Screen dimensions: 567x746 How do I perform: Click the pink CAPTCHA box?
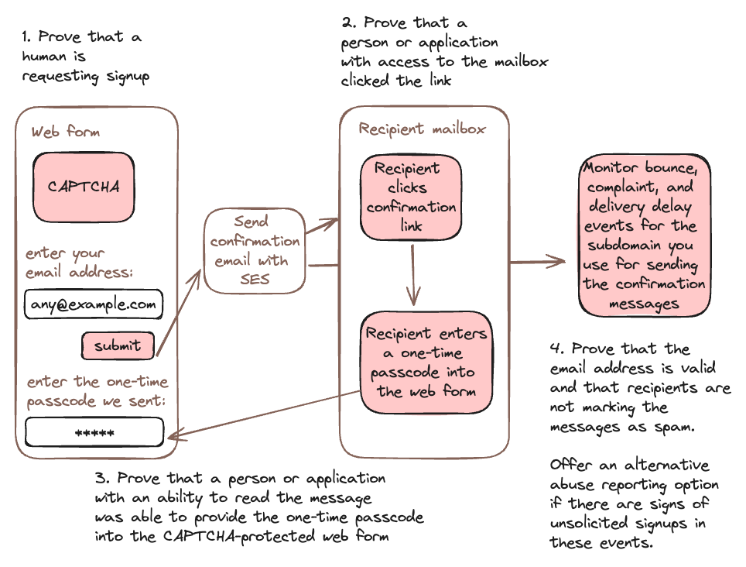click(84, 187)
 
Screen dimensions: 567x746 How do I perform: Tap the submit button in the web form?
click(118, 346)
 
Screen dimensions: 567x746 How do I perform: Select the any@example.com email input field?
click(94, 304)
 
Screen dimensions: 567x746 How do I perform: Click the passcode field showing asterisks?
click(94, 433)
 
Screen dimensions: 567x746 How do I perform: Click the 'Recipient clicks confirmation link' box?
click(411, 198)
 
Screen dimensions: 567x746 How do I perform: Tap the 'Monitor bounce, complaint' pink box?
click(644, 235)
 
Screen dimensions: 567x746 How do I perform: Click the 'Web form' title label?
click(66, 132)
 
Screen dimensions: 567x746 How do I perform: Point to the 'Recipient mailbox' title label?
click(422, 129)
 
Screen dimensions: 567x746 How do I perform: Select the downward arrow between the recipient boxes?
click(414, 275)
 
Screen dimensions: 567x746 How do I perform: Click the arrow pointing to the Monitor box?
click(538, 263)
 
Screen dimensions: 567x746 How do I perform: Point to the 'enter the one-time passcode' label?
click(97, 391)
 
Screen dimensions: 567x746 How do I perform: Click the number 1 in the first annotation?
click(26, 36)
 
